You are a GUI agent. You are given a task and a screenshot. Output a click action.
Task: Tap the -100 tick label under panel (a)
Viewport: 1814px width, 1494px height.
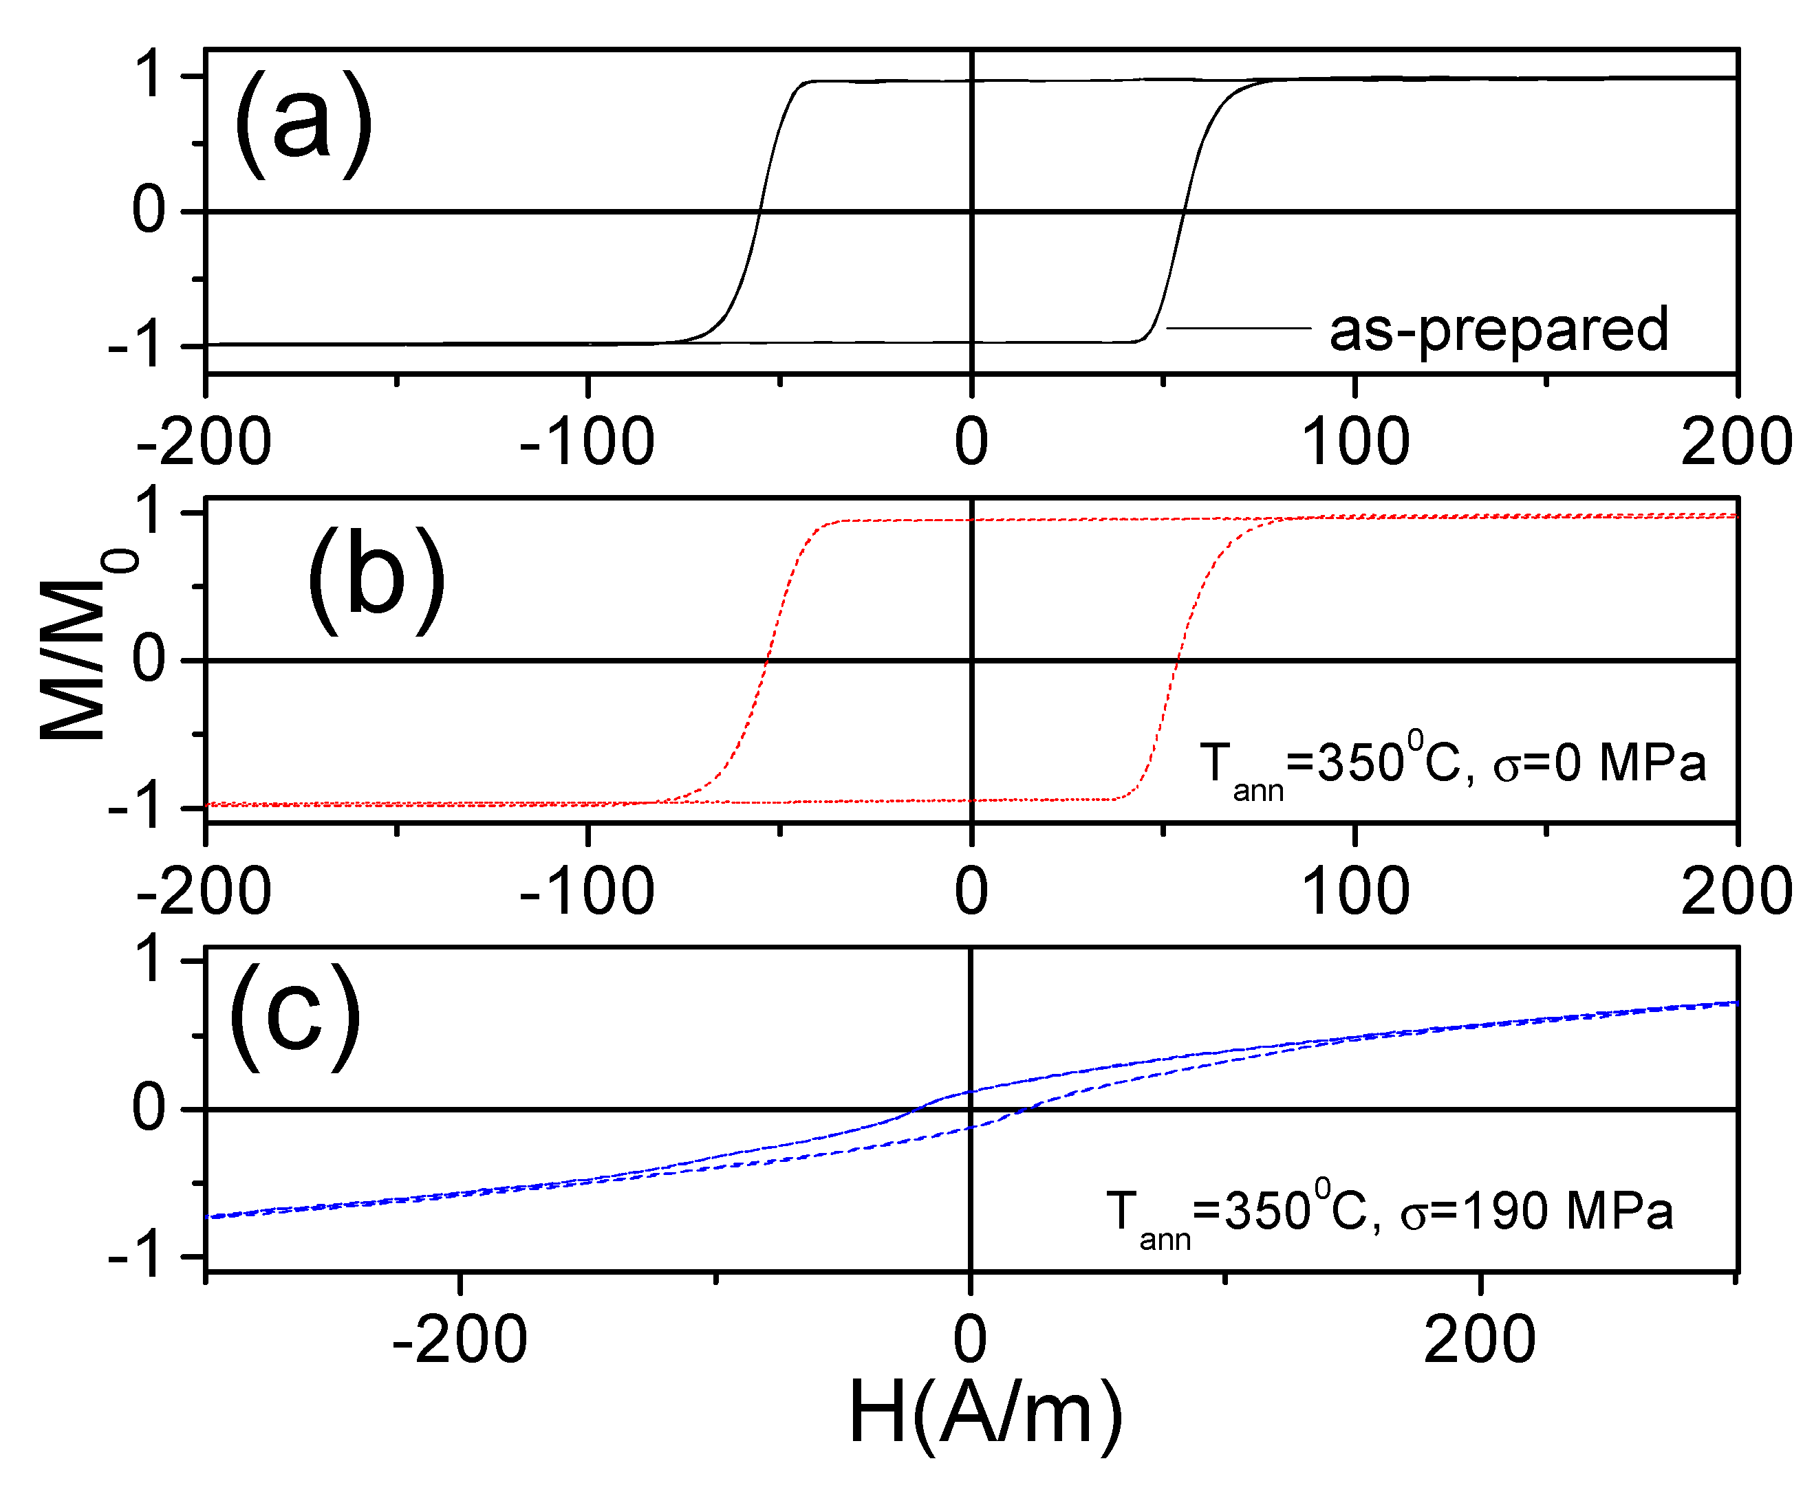[587, 442]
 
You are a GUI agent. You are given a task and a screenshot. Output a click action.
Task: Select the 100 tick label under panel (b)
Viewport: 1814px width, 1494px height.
[1354, 892]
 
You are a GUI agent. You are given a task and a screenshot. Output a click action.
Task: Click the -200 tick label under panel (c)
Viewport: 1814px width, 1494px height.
[459, 1340]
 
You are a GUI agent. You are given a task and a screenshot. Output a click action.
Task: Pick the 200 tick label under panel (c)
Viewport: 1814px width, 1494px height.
[1479, 1340]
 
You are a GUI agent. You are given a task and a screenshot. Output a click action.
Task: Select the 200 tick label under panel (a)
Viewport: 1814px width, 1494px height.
[1736, 442]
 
